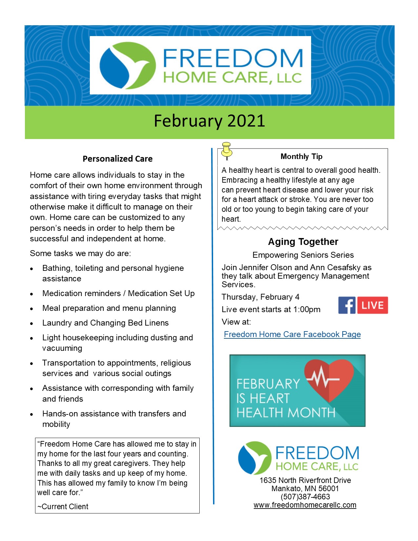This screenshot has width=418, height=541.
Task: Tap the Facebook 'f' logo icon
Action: coord(347,305)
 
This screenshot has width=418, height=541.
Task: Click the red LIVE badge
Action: coord(372,305)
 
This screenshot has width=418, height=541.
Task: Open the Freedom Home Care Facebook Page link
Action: coord(292,334)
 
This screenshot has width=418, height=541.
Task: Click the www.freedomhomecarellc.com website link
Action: coord(305,505)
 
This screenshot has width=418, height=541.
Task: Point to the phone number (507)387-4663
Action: coord(305,497)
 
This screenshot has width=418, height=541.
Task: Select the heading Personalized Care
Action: coord(117,159)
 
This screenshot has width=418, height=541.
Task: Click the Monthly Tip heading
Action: coord(302,156)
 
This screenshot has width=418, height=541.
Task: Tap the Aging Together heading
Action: coord(303,242)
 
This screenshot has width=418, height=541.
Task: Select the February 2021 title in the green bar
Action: coord(209,121)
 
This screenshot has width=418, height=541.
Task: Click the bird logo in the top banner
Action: coord(128,65)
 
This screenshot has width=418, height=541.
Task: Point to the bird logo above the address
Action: coord(254,458)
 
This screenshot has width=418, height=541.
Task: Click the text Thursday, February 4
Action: coord(260,297)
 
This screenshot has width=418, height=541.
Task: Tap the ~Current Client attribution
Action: coord(63,506)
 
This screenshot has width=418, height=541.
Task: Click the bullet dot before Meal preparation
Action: coord(31,309)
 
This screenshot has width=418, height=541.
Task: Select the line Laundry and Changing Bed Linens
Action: coord(105,323)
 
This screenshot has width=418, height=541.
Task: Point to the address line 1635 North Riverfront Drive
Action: coord(305,480)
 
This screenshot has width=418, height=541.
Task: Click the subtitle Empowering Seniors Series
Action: coord(303,255)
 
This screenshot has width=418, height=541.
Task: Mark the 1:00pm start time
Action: coord(307,310)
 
